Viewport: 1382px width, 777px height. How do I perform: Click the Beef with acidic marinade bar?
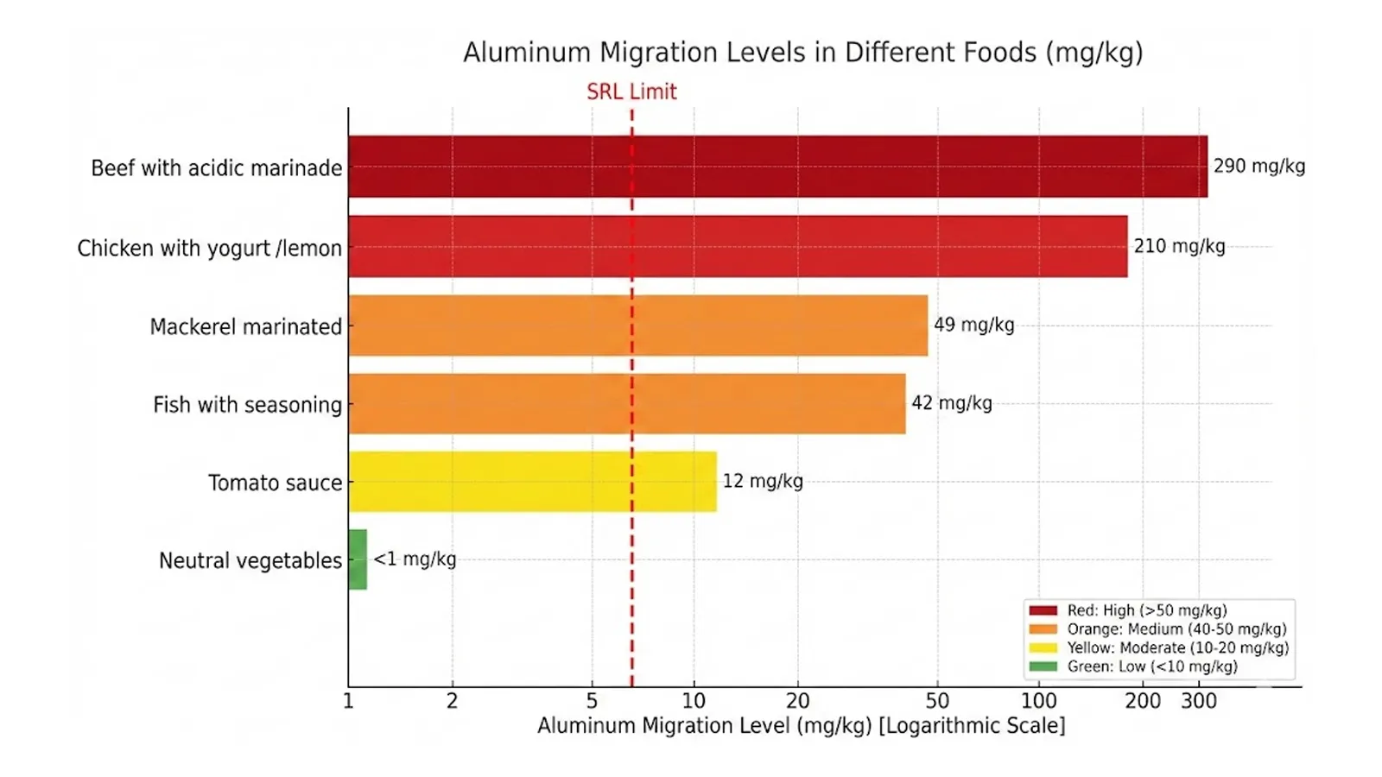(777, 167)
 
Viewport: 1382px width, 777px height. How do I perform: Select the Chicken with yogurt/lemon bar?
(738, 246)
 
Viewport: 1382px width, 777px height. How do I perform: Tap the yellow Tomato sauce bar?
(532, 482)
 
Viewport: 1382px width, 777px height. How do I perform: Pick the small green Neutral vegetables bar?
(358, 559)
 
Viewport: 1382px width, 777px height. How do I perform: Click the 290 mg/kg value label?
(1258, 166)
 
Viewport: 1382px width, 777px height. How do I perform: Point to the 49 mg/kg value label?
(973, 325)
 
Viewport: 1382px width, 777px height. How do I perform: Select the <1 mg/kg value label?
(415, 559)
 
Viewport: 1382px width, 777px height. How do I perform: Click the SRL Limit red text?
(631, 92)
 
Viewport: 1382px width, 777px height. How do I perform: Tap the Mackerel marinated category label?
(245, 327)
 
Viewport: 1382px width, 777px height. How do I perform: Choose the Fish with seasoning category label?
(247, 405)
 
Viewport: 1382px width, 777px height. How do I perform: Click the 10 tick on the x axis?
(694, 701)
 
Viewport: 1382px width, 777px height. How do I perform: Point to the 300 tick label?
(1199, 701)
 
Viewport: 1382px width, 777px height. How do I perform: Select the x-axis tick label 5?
(592, 701)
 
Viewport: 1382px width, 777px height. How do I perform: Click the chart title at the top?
(802, 53)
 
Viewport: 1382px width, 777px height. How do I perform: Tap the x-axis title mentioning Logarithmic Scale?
(801, 725)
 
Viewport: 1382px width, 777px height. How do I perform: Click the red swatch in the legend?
(1043, 610)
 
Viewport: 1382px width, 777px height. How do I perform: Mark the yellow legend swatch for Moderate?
(1043, 647)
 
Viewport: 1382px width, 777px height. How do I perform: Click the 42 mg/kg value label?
(951, 403)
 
